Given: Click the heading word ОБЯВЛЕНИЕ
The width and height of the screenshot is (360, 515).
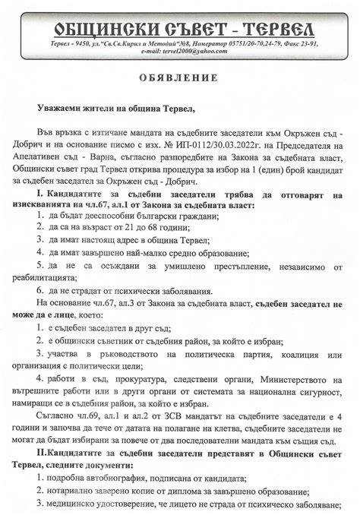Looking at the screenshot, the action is click(x=179, y=78).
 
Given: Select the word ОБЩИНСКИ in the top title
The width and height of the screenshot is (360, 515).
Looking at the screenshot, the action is click(x=98, y=29).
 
